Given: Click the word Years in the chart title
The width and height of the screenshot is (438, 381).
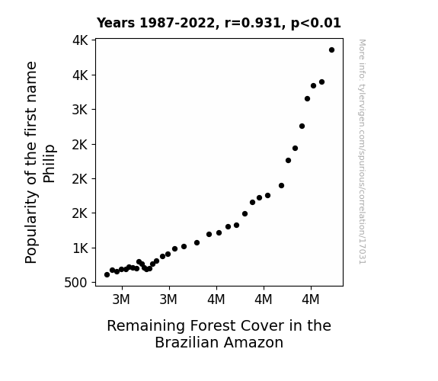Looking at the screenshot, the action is tap(116, 23).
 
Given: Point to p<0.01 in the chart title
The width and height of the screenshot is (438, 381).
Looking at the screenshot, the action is tap(316, 24).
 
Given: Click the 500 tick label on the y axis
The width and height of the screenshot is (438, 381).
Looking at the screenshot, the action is tap(75, 283).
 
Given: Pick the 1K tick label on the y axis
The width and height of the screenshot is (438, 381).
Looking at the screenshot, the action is tap(80, 248).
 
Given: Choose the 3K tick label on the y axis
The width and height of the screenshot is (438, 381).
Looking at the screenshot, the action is tap(80, 110).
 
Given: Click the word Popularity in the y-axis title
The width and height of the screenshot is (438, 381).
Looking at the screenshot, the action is tap(31, 226).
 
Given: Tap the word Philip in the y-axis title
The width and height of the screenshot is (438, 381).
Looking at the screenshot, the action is tap(50, 164).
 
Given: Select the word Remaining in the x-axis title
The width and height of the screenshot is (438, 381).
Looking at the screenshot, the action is tap(145, 326).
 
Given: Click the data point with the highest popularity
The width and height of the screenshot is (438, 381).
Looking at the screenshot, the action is tap(331, 50).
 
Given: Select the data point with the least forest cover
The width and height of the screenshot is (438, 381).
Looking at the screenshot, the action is tap(107, 275).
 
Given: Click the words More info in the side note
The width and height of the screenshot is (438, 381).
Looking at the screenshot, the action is tap(362, 59).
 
